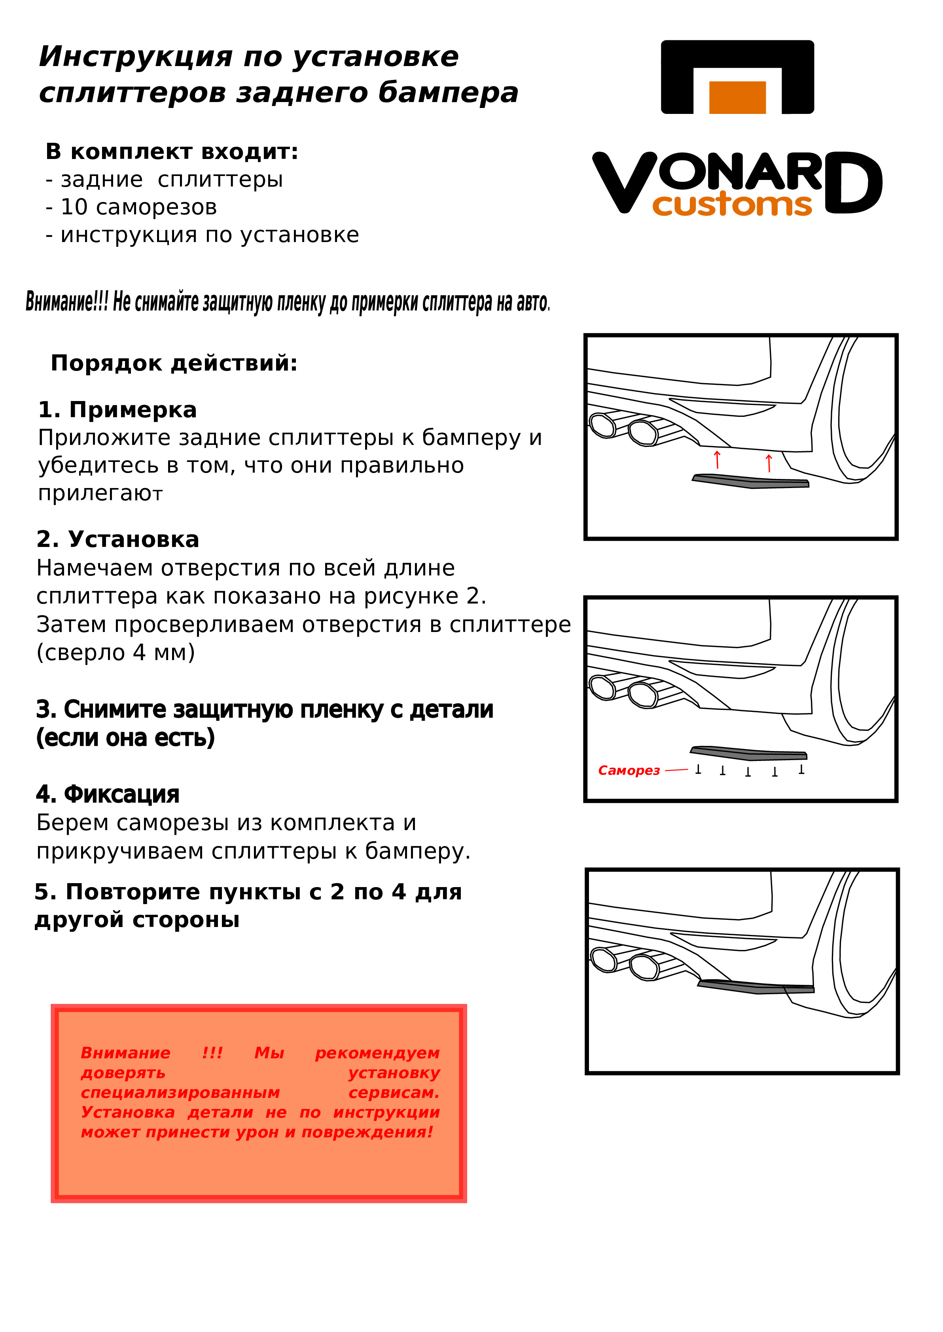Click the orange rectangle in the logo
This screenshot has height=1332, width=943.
click(x=737, y=97)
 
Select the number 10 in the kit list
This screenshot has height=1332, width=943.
click(x=74, y=207)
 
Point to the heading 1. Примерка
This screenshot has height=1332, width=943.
click(x=117, y=410)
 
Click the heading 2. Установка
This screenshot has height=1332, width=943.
click(x=117, y=539)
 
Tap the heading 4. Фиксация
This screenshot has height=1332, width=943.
click(x=108, y=794)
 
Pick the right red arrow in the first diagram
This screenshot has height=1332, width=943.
click(x=769, y=463)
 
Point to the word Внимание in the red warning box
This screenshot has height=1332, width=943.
click(x=125, y=1053)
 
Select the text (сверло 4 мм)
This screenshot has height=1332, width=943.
click(x=116, y=653)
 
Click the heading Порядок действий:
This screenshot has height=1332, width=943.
click(x=174, y=363)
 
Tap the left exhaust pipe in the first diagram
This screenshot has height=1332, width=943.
click(x=602, y=425)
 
